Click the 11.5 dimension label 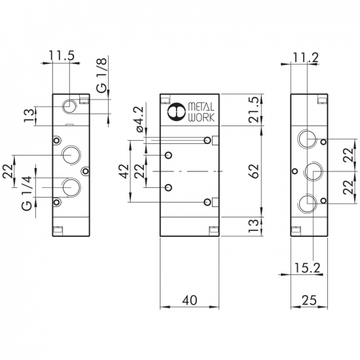(62, 56)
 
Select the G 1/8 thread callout (101, 75)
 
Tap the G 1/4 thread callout (27, 193)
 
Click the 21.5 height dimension (254, 109)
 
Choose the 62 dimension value (254, 171)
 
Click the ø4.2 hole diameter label (140, 119)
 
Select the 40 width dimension (190, 300)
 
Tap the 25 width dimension (310, 300)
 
